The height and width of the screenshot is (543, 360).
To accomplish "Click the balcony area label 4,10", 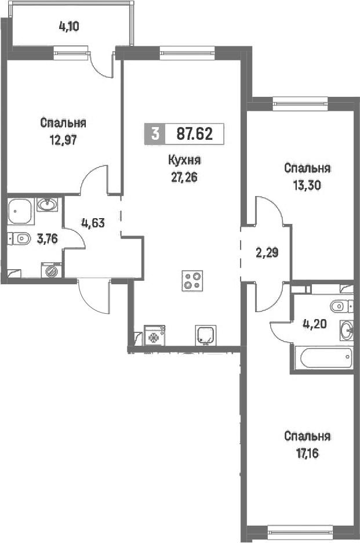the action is pyautogui.click(x=69, y=27).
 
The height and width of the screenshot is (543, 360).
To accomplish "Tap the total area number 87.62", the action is pyautogui.click(x=195, y=133).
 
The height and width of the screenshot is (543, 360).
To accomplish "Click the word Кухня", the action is pyautogui.click(x=184, y=160).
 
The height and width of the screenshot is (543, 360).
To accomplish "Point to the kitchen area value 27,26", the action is pyautogui.click(x=184, y=178).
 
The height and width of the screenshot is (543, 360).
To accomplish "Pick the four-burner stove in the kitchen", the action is pyautogui.click(x=192, y=281).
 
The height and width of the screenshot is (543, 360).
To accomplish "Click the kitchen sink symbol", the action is pyautogui.click(x=206, y=335).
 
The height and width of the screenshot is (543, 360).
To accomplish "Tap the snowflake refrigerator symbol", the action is pyautogui.click(x=154, y=335).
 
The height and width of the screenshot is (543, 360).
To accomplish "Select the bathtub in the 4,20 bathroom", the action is pyautogui.click(x=326, y=358).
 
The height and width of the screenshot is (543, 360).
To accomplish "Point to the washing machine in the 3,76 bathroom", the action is pyautogui.click(x=52, y=270).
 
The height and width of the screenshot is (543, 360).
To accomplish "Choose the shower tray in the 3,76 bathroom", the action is pyautogui.click(x=20, y=211).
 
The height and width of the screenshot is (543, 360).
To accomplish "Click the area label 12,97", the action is pyautogui.click(x=63, y=140).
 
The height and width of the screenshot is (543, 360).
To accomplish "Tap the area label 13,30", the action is pyautogui.click(x=307, y=186).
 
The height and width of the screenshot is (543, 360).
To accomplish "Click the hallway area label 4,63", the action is pyautogui.click(x=93, y=223).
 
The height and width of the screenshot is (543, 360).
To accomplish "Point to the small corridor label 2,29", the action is pyautogui.click(x=267, y=253).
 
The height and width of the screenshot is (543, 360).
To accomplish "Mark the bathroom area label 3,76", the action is pyautogui.click(x=47, y=238).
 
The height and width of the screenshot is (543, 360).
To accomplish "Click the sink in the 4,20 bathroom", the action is pyautogui.click(x=347, y=331).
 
